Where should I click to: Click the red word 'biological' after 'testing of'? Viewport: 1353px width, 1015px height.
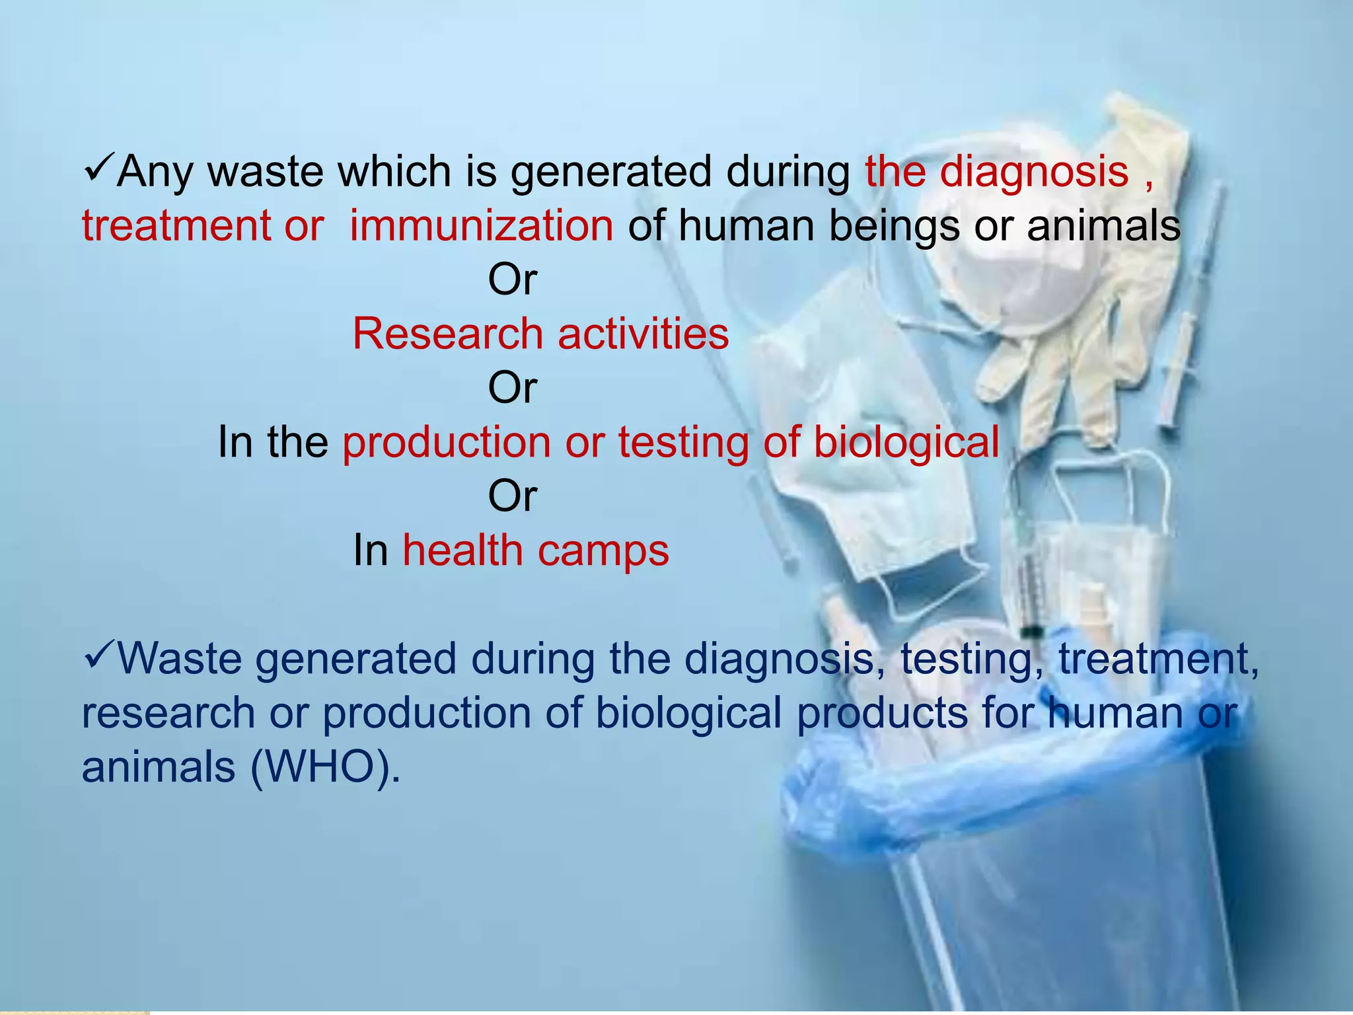point(906,442)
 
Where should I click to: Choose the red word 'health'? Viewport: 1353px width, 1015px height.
point(462,550)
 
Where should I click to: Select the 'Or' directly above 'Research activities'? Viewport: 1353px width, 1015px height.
point(512,280)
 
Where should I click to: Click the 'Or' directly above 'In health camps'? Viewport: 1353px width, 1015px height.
point(512,496)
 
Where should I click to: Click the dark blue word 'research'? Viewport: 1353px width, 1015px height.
point(168,714)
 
